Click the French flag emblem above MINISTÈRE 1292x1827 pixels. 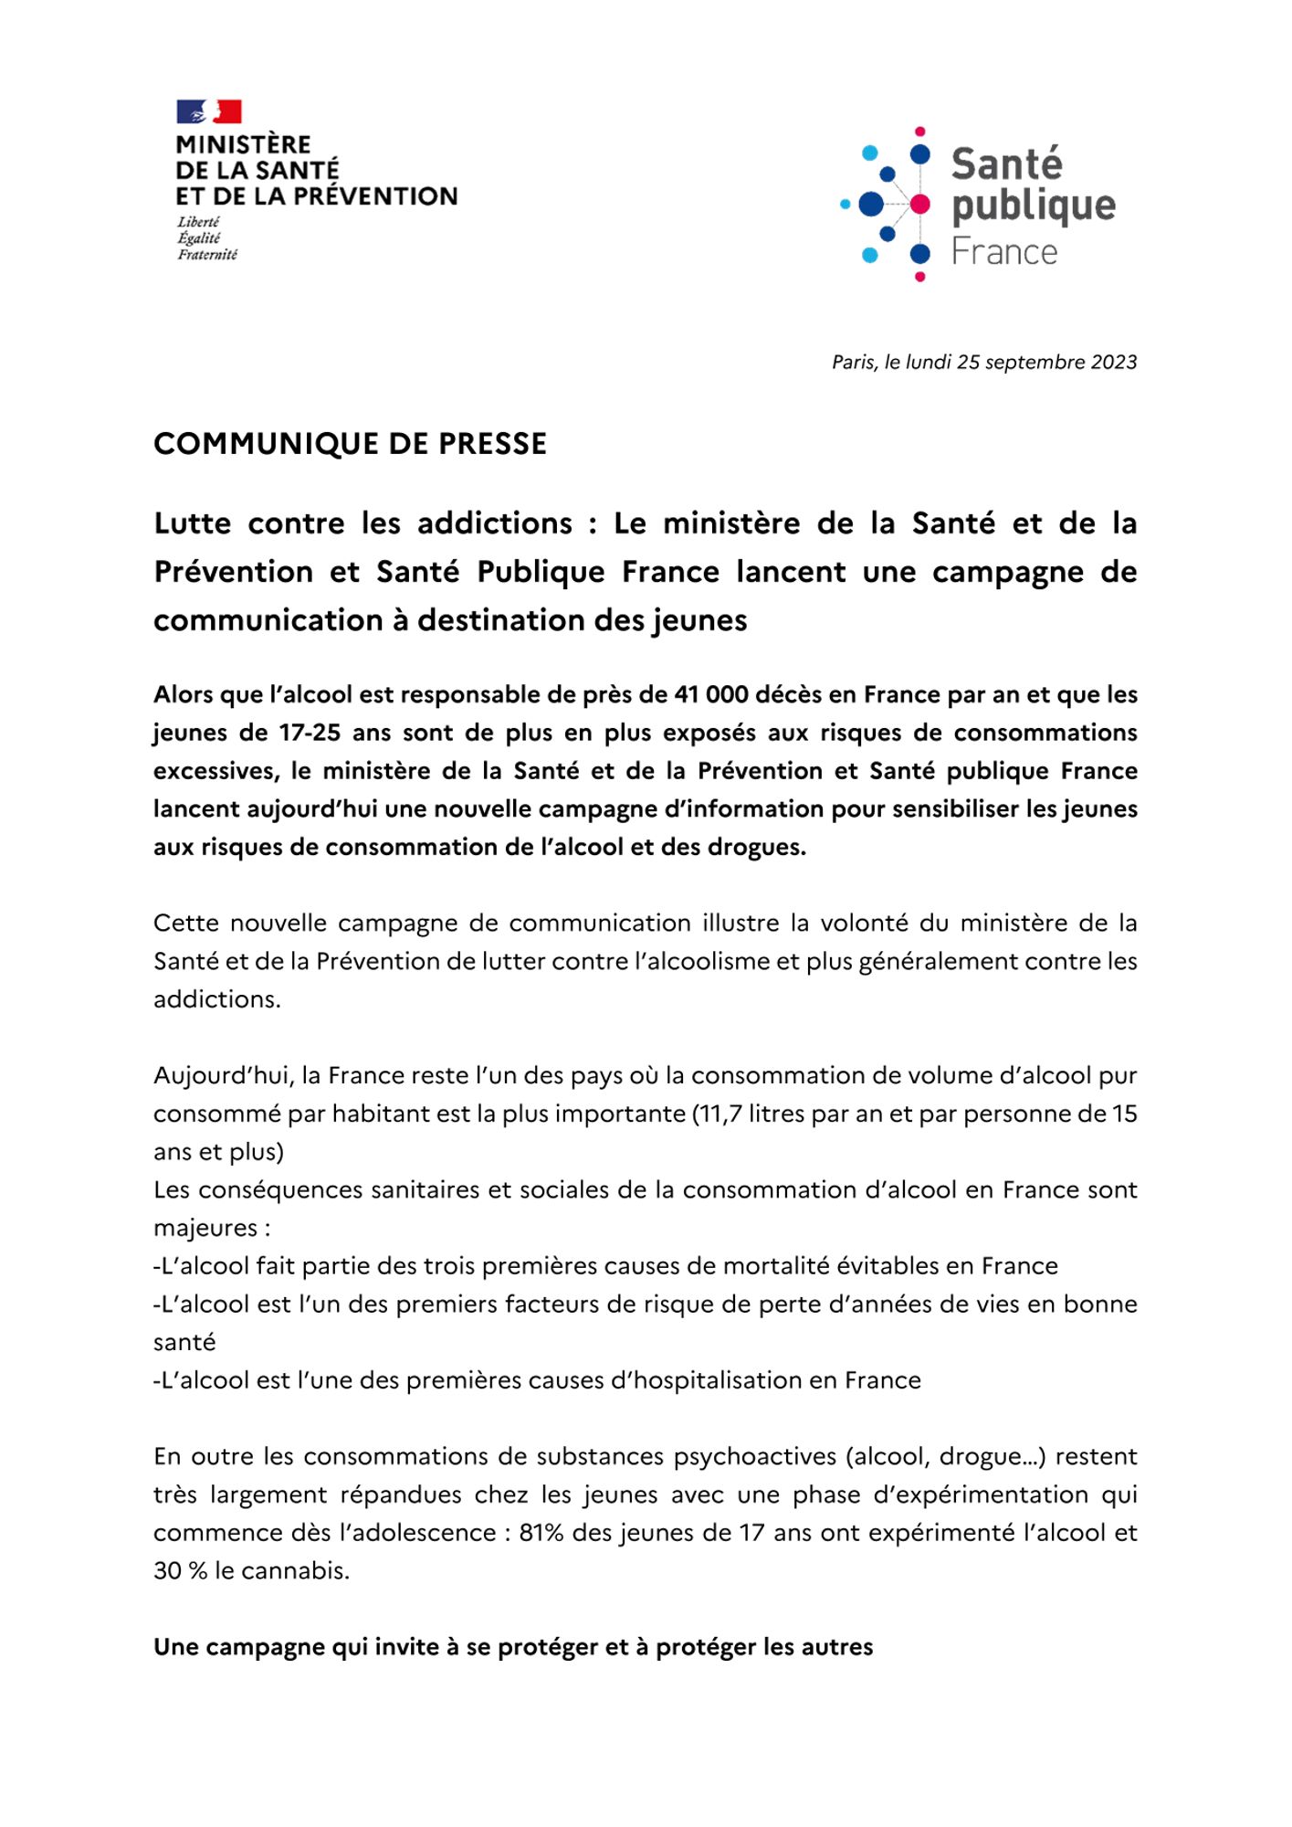click(209, 111)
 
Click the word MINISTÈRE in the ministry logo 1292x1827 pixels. click(243, 145)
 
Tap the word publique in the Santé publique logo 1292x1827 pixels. click(1033, 207)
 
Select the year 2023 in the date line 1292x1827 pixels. click(1113, 362)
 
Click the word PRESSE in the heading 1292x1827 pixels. click(493, 444)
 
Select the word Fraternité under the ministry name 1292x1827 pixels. click(207, 255)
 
